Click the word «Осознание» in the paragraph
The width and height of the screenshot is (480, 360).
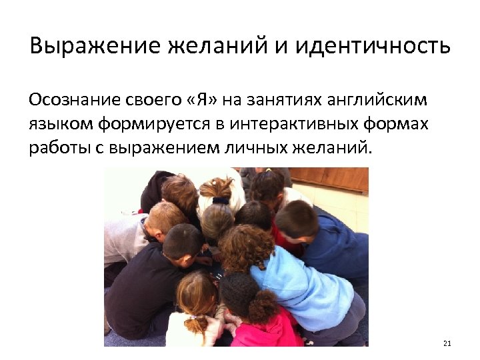click(72, 100)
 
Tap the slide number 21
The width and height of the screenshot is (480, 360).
click(447, 344)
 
